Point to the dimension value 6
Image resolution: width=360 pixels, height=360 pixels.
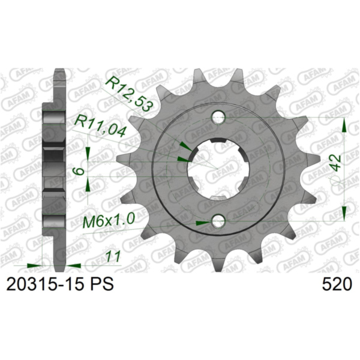76,172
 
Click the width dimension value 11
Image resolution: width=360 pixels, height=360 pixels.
111,257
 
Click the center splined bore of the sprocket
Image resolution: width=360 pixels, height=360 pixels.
218,169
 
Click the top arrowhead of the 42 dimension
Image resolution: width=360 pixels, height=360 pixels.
344,124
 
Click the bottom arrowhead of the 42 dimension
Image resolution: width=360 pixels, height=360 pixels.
344,213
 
